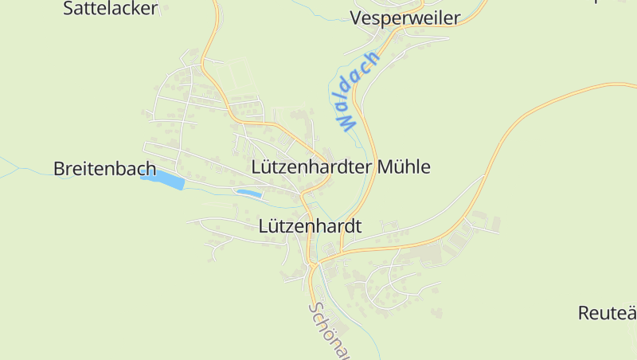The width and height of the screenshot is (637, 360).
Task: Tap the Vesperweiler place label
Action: (405, 18)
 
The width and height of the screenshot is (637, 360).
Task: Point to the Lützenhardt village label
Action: (310, 226)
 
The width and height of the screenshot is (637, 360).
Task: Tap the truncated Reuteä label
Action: (607, 312)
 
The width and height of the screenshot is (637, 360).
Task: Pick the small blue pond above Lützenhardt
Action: (248, 193)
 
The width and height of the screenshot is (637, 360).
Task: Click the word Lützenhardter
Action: (311, 167)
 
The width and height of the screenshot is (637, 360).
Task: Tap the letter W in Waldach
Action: (345, 122)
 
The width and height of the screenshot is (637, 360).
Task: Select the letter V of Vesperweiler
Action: (356, 18)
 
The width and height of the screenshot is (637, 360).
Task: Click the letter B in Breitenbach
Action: (59, 168)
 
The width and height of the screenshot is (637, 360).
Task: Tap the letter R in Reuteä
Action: (584, 312)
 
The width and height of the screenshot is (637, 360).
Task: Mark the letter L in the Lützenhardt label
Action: (264, 226)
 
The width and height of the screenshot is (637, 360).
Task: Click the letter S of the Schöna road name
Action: (315, 308)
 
